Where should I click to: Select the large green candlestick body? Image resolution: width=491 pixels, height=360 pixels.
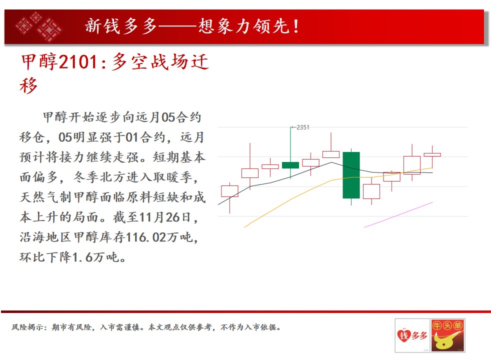point(351,175)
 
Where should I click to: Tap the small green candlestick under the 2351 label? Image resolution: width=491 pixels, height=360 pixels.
point(290,165)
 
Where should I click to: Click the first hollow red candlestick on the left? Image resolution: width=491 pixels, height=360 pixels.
point(229,191)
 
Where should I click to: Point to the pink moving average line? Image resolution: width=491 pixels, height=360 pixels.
point(398,214)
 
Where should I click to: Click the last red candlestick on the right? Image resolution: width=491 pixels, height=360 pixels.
point(432,154)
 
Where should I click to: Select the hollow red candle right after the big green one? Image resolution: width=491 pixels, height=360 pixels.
point(371,191)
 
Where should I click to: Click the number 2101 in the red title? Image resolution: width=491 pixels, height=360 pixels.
point(78,61)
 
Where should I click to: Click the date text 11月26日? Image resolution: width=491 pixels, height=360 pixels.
point(164,217)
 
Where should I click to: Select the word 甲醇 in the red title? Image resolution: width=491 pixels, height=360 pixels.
point(39,61)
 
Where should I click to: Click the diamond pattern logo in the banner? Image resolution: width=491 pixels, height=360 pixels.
point(39,26)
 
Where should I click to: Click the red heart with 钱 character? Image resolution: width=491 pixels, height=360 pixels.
point(403,336)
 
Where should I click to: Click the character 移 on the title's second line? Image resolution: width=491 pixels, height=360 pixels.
point(28,85)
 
